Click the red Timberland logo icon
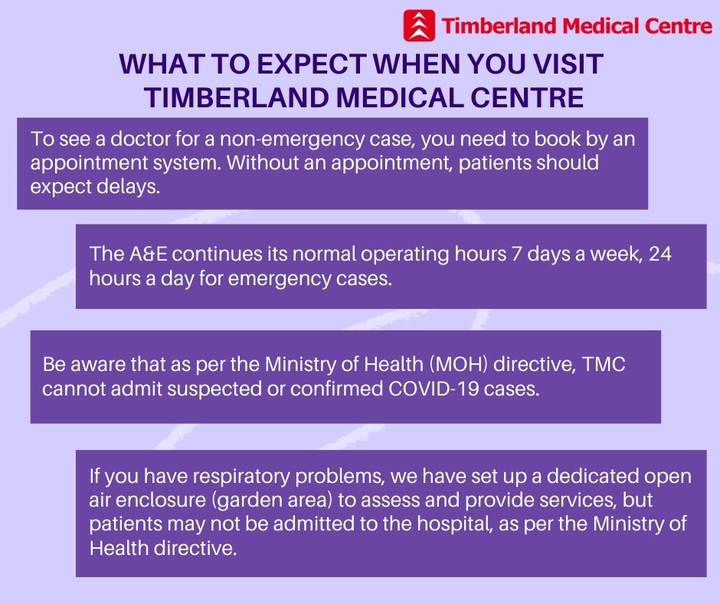[x=419, y=26]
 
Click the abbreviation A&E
[x=149, y=254]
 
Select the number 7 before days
[x=517, y=254]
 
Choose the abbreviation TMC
[x=604, y=365]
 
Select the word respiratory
[x=241, y=477]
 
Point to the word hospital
[x=454, y=524]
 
